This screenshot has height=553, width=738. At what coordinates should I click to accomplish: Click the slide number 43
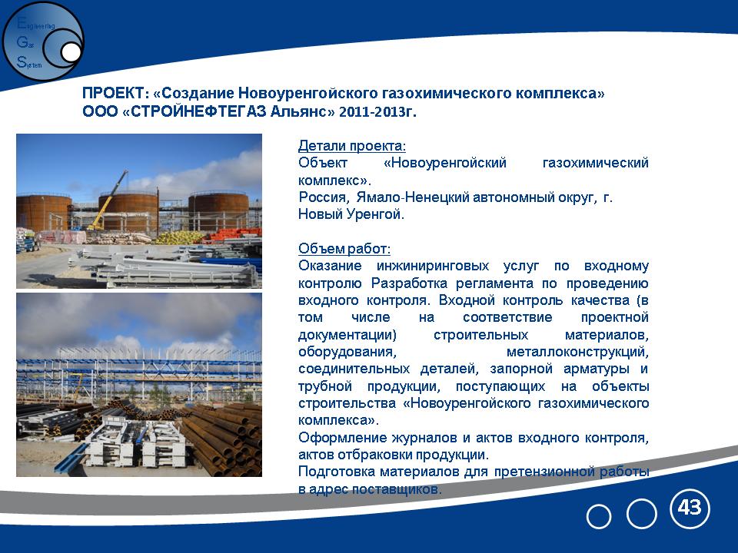pyautogui.click(x=690, y=508)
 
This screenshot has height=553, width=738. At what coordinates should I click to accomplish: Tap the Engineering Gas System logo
pyautogui.click(x=43, y=41)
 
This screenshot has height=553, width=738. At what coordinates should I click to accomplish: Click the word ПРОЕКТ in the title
pyautogui.click(x=113, y=93)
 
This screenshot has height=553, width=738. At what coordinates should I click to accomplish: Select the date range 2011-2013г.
pyautogui.click(x=377, y=112)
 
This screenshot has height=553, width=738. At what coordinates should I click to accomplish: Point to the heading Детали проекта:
pyautogui.click(x=352, y=146)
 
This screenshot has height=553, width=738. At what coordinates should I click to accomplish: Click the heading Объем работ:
pyautogui.click(x=344, y=249)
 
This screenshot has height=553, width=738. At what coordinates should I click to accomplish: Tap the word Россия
pyautogui.click(x=324, y=197)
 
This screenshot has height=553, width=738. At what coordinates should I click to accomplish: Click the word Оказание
pyautogui.click(x=330, y=267)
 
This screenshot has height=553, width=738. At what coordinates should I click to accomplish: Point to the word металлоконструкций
pyautogui.click(x=577, y=352)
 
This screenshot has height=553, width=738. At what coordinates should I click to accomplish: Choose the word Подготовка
pyautogui.click(x=336, y=472)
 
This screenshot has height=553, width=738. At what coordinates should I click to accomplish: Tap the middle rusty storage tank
pyautogui.click(x=128, y=212)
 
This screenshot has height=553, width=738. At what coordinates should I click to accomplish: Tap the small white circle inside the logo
pyautogui.click(x=71, y=52)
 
